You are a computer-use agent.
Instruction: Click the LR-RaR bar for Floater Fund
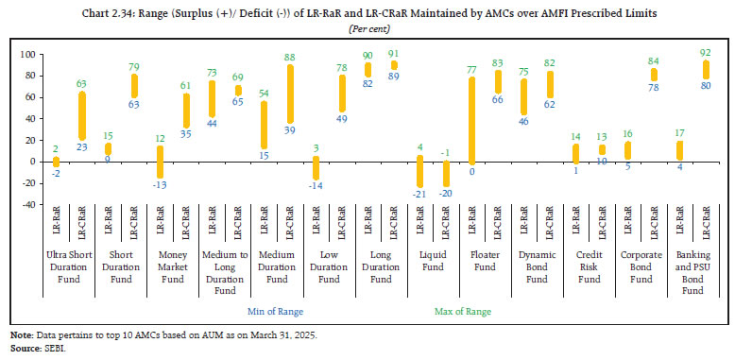[470, 120]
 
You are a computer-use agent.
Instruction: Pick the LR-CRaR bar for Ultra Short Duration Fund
[81, 114]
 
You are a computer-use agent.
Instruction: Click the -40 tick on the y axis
[28, 204]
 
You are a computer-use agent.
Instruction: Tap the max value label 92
[705, 53]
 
